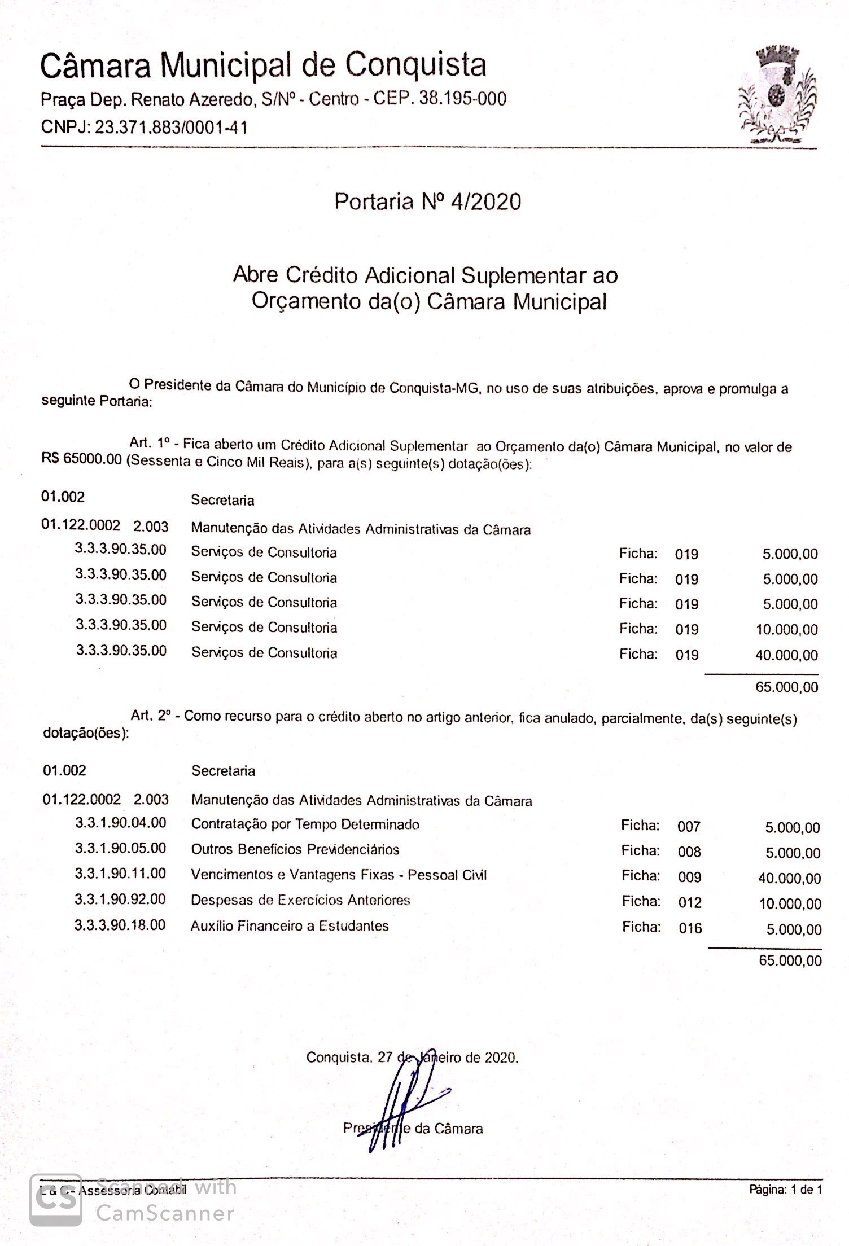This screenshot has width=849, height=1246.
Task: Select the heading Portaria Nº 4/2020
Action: [x=427, y=201]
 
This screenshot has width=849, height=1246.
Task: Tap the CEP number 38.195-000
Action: [x=463, y=99]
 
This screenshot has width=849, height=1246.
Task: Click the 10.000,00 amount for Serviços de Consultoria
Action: [x=786, y=630]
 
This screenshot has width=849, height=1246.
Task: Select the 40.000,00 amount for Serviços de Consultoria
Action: [x=786, y=655]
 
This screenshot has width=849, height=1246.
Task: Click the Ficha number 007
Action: [x=689, y=827]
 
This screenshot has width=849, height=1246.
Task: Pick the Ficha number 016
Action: [x=690, y=928]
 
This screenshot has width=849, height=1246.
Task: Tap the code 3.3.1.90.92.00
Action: [x=120, y=900]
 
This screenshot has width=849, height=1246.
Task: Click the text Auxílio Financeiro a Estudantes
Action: [x=290, y=926]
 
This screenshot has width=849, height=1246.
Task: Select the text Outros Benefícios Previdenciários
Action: [x=295, y=850]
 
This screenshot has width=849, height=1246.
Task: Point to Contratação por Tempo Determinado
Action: [x=305, y=824]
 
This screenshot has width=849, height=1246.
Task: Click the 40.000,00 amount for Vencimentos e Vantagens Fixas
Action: [x=789, y=878]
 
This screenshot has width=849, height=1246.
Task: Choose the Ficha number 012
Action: [x=690, y=903]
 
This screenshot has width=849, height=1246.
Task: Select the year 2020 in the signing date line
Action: [x=501, y=1058]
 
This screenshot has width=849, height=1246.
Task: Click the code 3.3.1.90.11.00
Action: [x=120, y=874]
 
